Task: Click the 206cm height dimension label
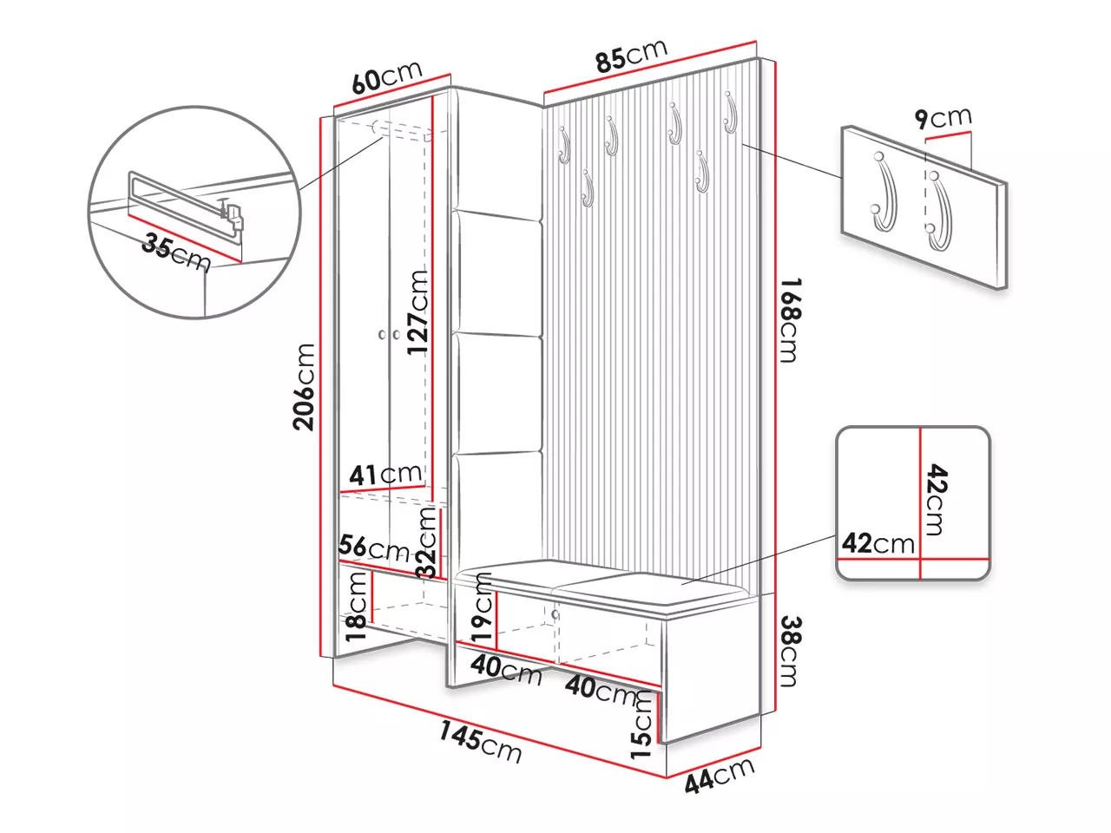pos(304,387)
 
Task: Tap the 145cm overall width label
pos(479,744)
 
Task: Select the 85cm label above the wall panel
pos(630,56)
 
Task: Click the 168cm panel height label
pos(787,319)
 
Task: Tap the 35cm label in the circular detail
pos(176,253)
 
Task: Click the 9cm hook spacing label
pos(943,117)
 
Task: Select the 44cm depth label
pos(720,775)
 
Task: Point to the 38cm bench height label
pos(788,651)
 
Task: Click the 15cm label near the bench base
pos(641,728)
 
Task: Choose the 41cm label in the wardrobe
pos(385,475)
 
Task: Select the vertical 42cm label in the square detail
pos(936,499)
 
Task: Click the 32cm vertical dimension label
pos(426,543)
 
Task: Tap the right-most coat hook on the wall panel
pos(729,114)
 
